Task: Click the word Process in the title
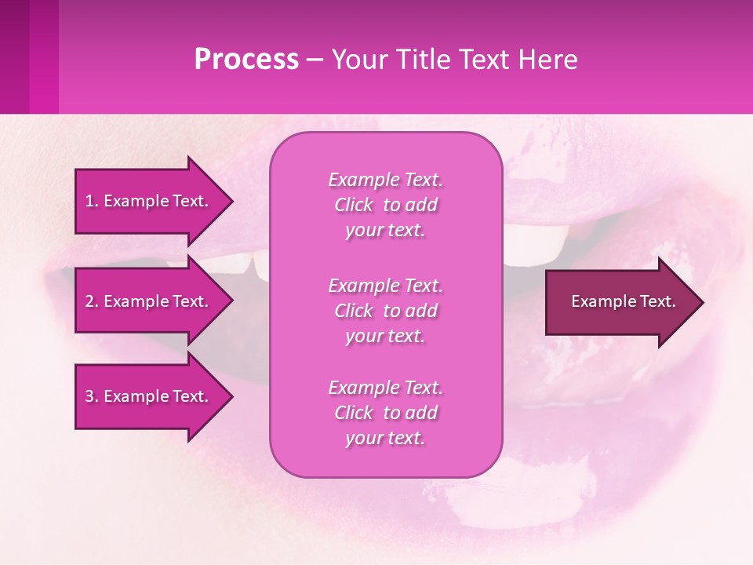pyautogui.click(x=246, y=60)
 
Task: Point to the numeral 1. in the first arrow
pyautogui.click(x=91, y=201)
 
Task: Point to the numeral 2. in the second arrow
pyautogui.click(x=91, y=301)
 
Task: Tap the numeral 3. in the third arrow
pyautogui.click(x=91, y=396)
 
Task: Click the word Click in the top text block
pyautogui.click(x=354, y=206)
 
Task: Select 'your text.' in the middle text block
pyautogui.click(x=385, y=336)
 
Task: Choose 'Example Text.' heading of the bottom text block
pyautogui.click(x=385, y=388)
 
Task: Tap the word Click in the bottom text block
pyautogui.click(x=354, y=413)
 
